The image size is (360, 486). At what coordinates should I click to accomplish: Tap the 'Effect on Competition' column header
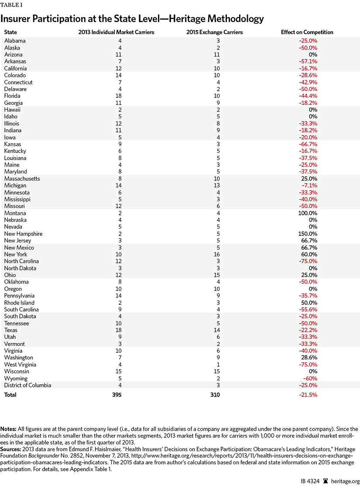[x=307, y=32]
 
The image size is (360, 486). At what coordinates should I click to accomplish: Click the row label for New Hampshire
[x=23, y=234]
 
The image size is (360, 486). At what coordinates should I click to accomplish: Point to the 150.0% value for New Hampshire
[x=307, y=234]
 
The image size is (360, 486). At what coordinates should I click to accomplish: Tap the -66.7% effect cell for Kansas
[x=307, y=144]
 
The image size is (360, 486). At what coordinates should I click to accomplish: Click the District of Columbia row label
[x=27, y=385]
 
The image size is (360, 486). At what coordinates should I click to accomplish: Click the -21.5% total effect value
[x=307, y=395]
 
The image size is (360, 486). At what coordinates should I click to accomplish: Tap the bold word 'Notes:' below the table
[x=11, y=429]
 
